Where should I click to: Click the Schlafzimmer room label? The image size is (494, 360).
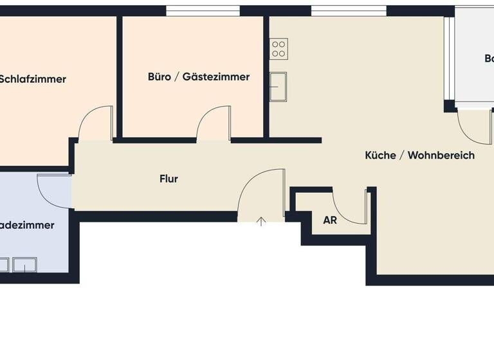pos(33,80)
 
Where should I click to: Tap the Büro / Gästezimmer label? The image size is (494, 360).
pos(199,77)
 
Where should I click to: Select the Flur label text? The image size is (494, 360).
pos(169,179)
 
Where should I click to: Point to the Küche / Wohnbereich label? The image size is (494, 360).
pos(419,156)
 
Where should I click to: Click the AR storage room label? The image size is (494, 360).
pos(330,220)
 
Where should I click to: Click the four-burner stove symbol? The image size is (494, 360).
pos(279,48)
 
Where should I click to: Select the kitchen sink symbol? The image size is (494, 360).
pos(278,87)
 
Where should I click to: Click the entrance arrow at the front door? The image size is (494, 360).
pos(261,222)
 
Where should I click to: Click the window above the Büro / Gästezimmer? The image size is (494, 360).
pos(203,10)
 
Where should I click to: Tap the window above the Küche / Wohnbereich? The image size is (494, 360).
pos(349,10)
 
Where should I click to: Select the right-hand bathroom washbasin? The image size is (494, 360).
pos(24,264)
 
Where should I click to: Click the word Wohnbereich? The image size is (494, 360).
pos(441,156)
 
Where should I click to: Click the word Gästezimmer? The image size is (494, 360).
pos(216,77)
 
